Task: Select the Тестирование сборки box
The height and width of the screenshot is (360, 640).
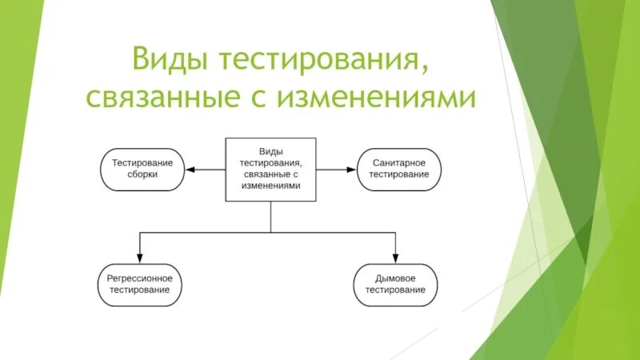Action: pyautogui.click(x=142, y=169)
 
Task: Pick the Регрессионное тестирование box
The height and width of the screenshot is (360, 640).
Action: pyautogui.click(x=140, y=284)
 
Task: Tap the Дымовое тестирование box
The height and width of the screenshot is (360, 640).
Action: pyautogui.click(x=395, y=284)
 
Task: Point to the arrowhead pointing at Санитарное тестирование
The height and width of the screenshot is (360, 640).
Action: pyautogui.click(x=349, y=169)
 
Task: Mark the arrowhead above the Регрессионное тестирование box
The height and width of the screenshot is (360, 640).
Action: pyautogui.click(x=140, y=258)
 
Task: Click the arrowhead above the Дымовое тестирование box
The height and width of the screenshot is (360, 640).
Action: pyautogui.click(x=395, y=258)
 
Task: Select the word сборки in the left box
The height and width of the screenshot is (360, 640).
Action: pyautogui.click(x=142, y=174)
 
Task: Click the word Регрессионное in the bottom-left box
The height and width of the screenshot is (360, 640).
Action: pyautogui.click(x=140, y=278)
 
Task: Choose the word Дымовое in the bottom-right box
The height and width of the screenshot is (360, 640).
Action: pyautogui.click(x=395, y=278)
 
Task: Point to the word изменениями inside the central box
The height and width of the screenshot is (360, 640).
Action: pyautogui.click(x=270, y=185)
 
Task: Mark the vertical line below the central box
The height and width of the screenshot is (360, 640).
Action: pyautogui.click(x=270, y=216)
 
